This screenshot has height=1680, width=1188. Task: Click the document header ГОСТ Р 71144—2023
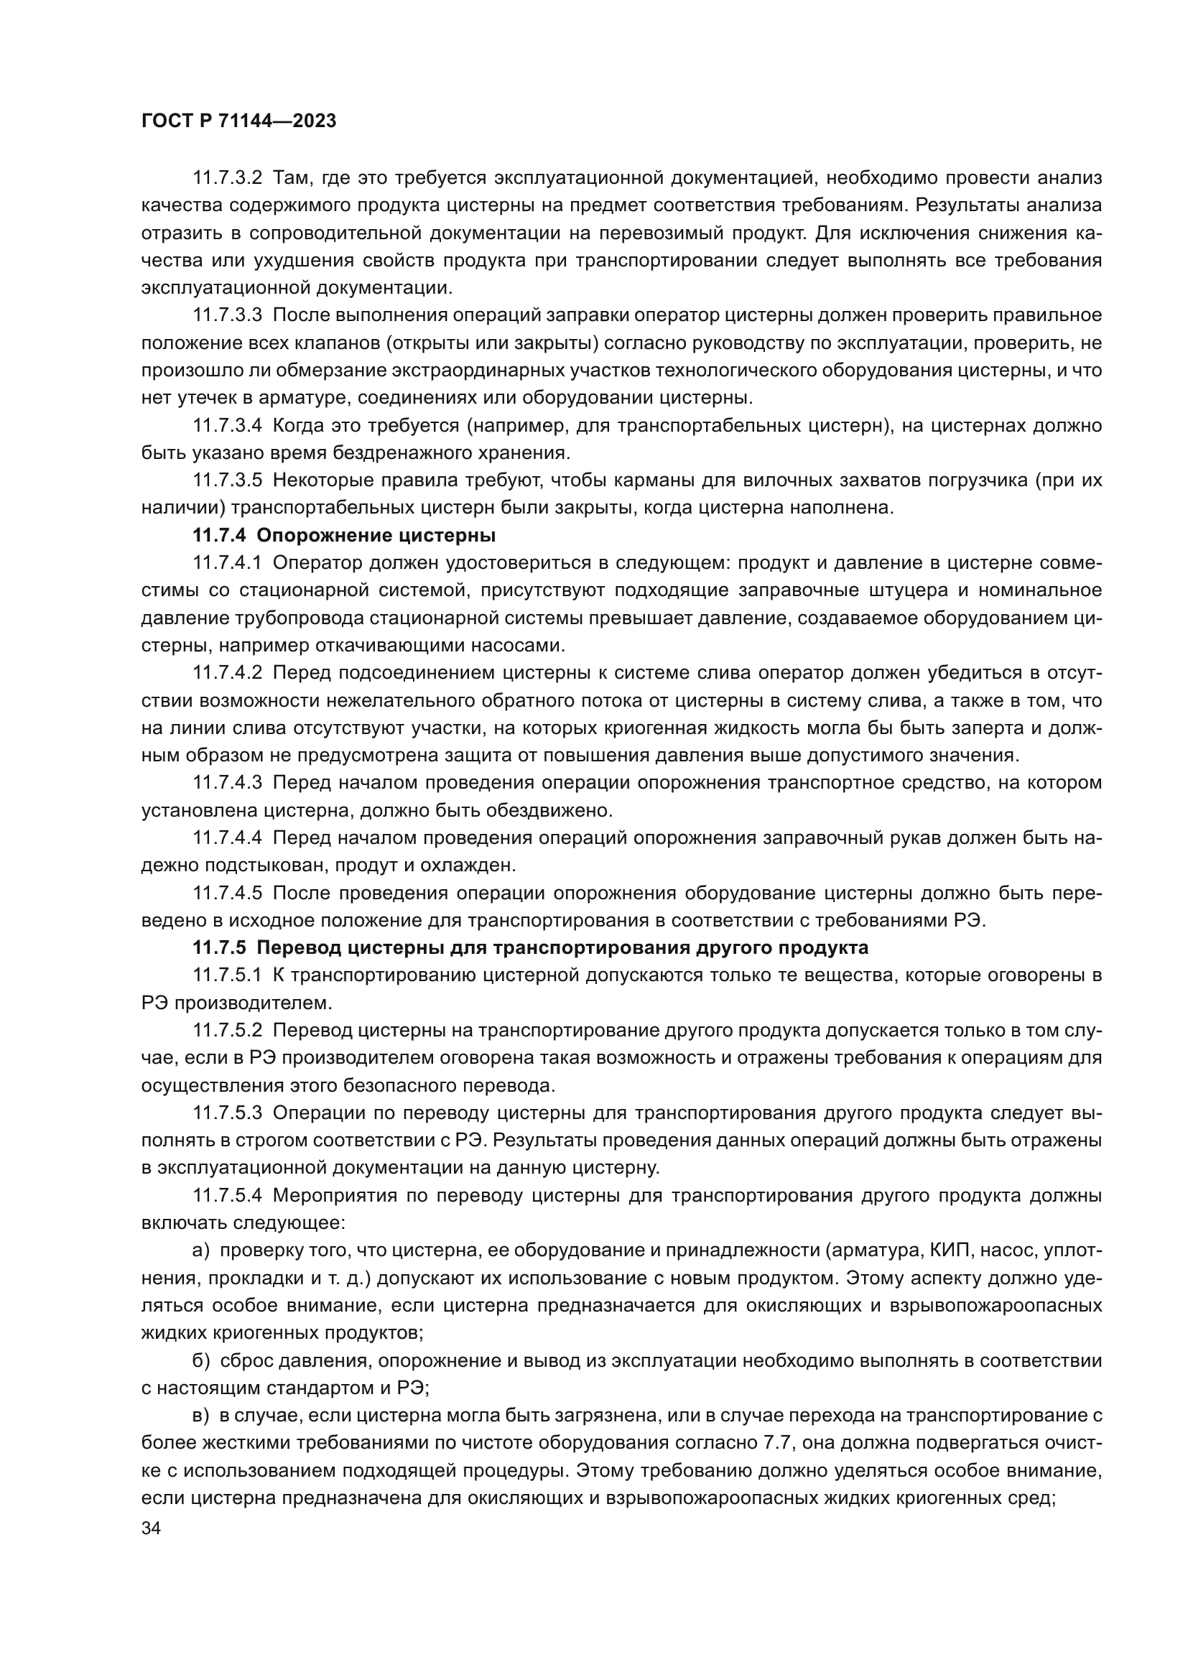tap(238, 121)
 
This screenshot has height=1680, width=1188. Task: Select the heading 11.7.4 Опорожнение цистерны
tap(344, 536)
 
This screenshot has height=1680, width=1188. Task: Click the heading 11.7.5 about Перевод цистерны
tap(530, 947)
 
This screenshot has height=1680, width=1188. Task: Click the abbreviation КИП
tap(950, 1250)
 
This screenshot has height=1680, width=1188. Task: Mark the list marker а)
tap(201, 1250)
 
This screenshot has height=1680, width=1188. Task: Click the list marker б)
tap(201, 1361)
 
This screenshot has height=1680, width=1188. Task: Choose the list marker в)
tap(201, 1416)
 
